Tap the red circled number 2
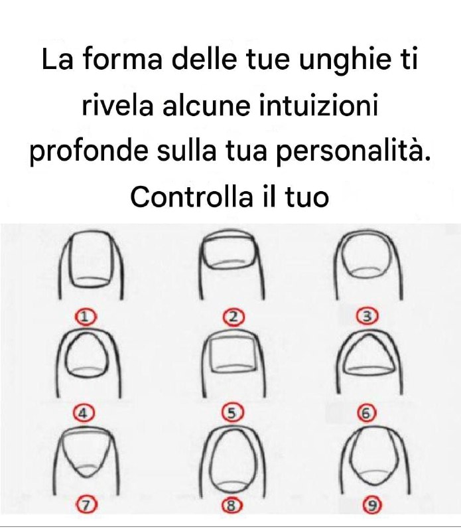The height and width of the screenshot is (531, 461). click(x=233, y=317)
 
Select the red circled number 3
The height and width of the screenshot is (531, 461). click(x=366, y=316)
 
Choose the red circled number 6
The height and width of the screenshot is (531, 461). click(x=365, y=414)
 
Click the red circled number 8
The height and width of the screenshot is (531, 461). click(x=231, y=506)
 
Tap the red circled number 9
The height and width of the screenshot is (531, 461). click(x=373, y=506)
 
